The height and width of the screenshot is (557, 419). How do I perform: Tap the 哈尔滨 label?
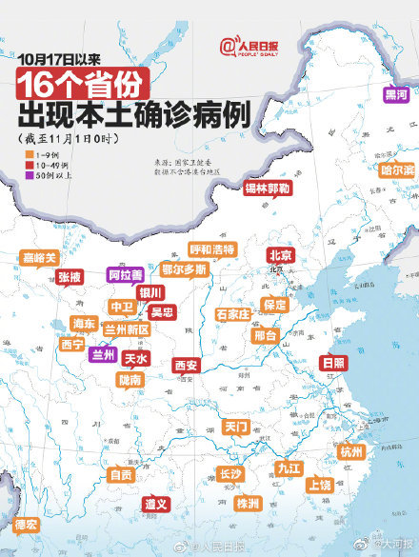[397, 169]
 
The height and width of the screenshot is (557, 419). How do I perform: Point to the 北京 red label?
[280, 255]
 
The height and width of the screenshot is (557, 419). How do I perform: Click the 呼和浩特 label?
[211, 249]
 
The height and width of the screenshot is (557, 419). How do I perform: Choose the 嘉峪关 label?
[40, 257]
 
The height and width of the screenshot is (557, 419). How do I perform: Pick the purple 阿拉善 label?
[125, 274]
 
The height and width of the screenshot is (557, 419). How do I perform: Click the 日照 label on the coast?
[332, 363]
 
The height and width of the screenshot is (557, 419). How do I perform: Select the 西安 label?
[186, 365]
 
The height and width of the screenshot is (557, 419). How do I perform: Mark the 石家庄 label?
[232, 313]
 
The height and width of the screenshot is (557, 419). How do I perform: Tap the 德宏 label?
[26, 525]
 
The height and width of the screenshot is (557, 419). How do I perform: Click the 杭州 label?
[351, 451]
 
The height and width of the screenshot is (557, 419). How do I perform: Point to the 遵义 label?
[156, 503]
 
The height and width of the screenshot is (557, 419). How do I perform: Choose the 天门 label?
[236, 426]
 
